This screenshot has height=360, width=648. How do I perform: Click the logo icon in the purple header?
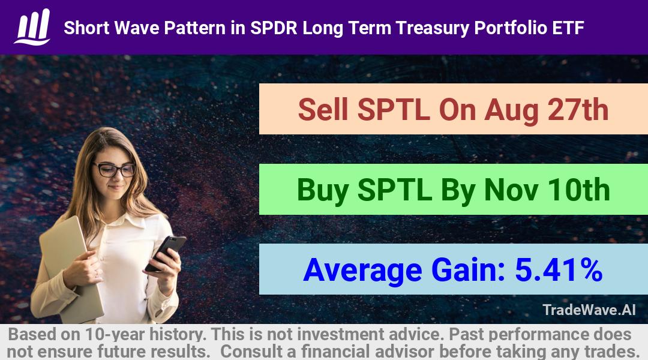(32, 27)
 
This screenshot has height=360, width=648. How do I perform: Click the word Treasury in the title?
(431, 28)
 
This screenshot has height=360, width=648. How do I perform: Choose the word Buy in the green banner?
(322, 191)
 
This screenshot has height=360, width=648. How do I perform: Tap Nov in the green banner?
(511, 190)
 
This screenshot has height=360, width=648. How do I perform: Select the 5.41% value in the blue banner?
(559, 270)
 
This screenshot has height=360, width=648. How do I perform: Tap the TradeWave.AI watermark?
(589, 310)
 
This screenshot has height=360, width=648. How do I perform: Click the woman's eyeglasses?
(115, 169)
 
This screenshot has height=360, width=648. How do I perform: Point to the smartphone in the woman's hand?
(166, 253)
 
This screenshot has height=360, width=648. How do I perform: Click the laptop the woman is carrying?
(70, 269)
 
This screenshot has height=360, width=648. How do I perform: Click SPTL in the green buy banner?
(395, 190)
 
